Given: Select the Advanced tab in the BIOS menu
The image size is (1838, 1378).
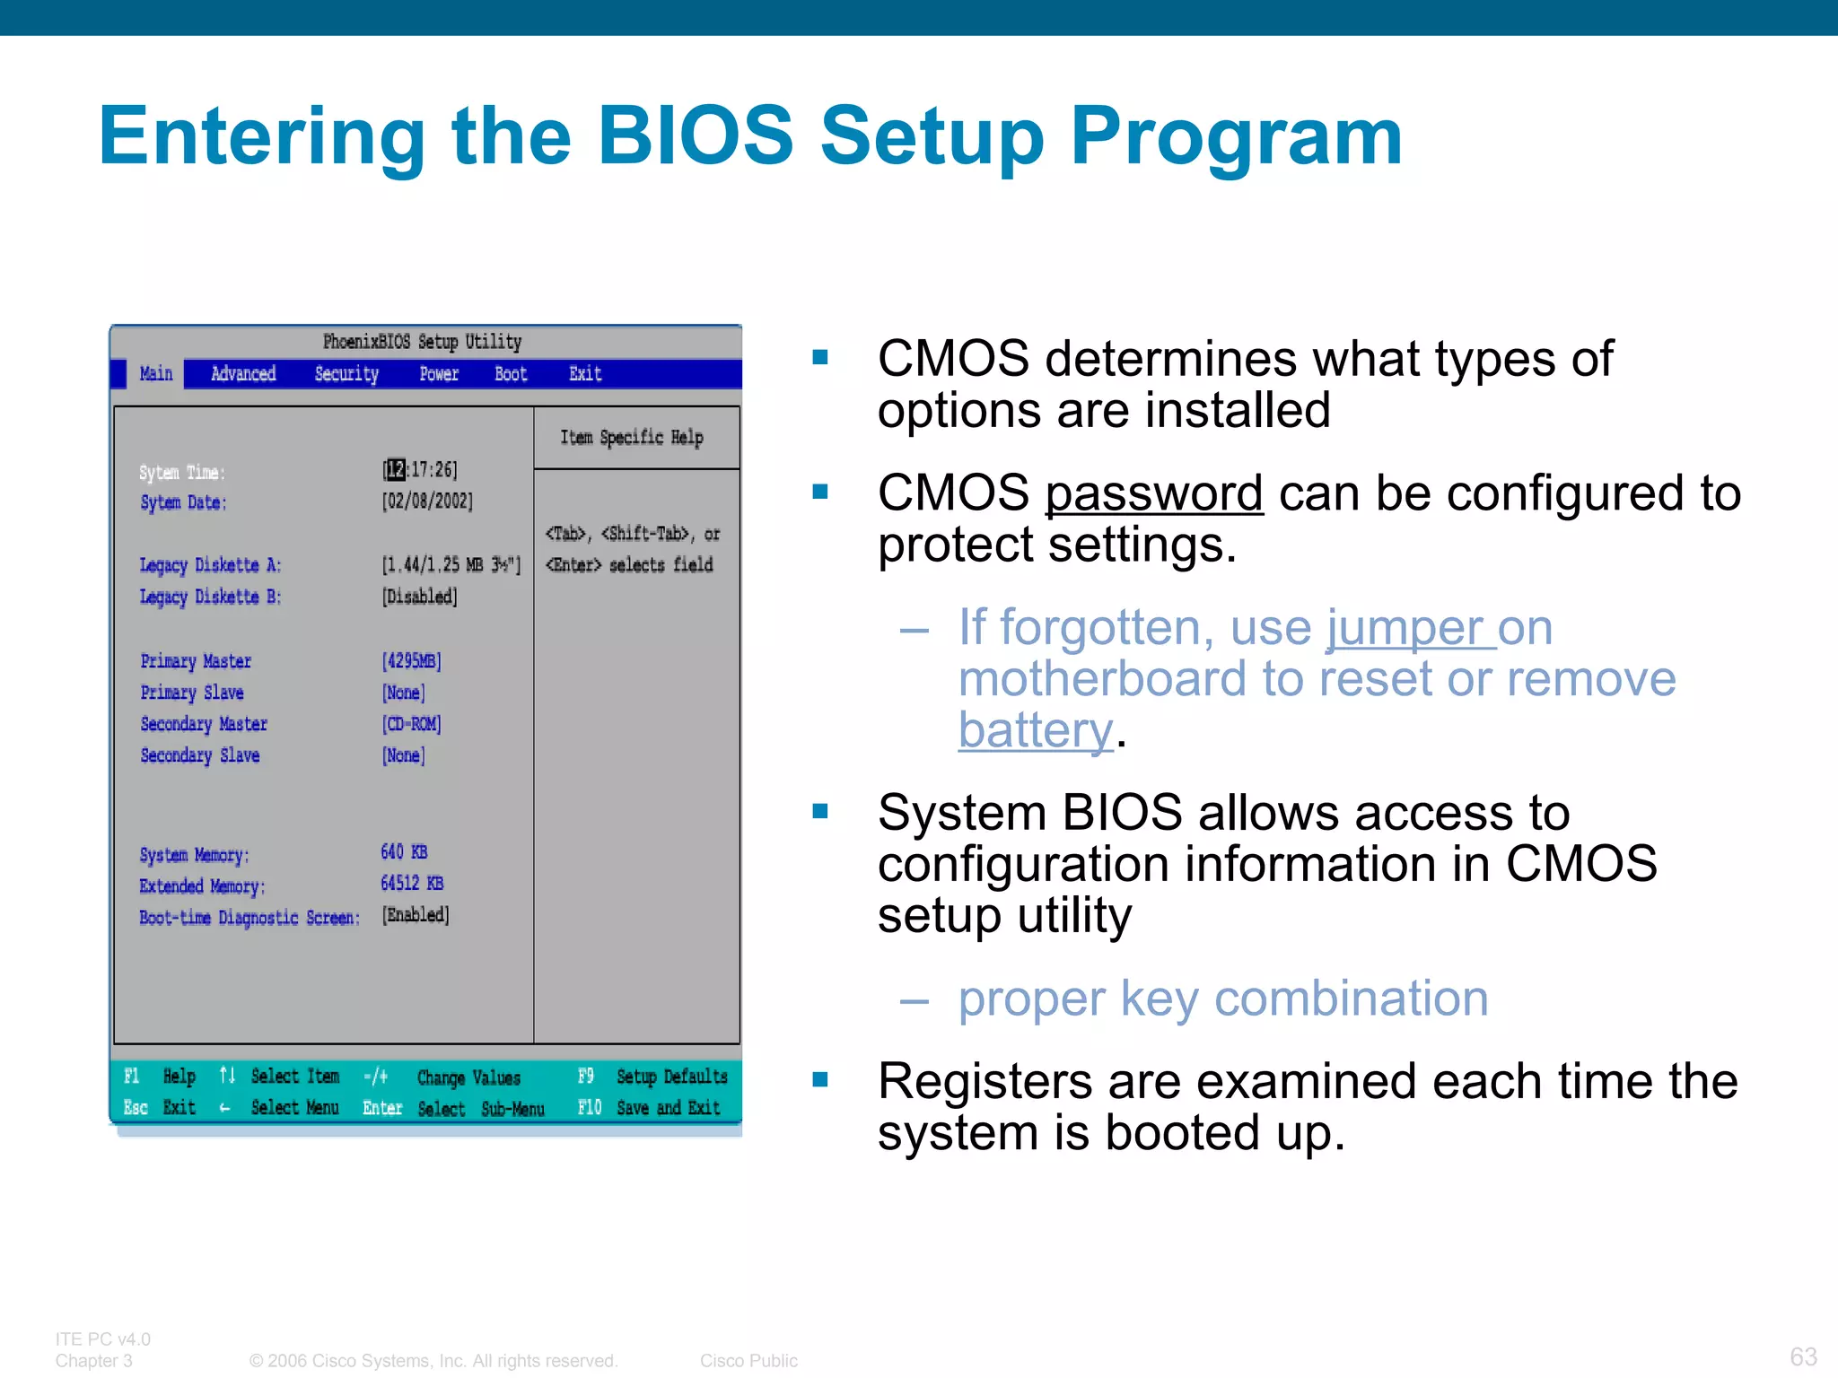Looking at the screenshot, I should [x=243, y=373].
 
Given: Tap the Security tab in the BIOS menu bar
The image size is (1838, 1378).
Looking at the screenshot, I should [x=346, y=373].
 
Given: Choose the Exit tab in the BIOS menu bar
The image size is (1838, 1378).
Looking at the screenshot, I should [x=585, y=373].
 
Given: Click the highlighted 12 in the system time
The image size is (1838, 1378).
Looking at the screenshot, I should [x=396, y=469].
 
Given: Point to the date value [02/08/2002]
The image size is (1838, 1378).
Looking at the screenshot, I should [x=427, y=501].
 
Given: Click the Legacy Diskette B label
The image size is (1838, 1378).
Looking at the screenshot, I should [x=210, y=597].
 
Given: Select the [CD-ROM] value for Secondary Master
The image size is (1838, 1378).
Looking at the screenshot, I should [x=412, y=723].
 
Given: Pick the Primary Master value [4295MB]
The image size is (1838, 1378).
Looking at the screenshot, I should [x=412, y=661].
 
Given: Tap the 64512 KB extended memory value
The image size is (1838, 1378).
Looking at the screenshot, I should [x=412, y=883].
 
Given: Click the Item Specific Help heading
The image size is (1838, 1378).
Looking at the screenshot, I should [x=632, y=437].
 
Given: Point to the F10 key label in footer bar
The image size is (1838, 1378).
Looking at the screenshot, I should [x=590, y=1107].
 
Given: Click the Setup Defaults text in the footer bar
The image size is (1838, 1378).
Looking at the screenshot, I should [x=671, y=1076].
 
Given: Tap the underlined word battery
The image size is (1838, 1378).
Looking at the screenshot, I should [x=1036, y=731].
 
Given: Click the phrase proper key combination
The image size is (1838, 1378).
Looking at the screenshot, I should [x=1222, y=999].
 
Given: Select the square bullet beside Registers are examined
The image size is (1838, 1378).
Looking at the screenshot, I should [x=819, y=1079].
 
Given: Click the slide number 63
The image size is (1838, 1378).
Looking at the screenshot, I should [x=1803, y=1356].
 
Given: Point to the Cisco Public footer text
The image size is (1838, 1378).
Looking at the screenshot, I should [x=748, y=1360].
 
